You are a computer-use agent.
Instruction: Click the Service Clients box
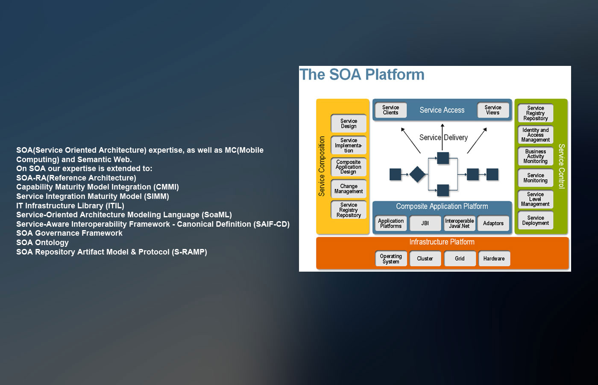pyautogui.click(x=390, y=110)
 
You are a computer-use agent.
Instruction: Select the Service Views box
pyautogui.click(x=493, y=110)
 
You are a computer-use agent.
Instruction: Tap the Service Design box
pyautogui.click(x=349, y=124)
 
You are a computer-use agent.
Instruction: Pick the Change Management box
pyautogui.click(x=349, y=189)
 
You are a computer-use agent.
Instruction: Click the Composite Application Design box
pyautogui.click(x=349, y=167)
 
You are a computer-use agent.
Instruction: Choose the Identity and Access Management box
pyautogui.click(x=536, y=135)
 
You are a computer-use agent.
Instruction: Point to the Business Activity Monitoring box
pyautogui.click(x=536, y=157)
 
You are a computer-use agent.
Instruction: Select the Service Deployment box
pyautogui.click(x=536, y=220)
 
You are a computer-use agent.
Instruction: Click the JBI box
pyautogui.click(x=425, y=223)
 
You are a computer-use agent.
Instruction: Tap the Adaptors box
pyautogui.click(x=493, y=223)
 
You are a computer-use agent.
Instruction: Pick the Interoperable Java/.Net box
pyautogui.click(x=460, y=223)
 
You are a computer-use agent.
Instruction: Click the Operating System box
pyautogui.click(x=391, y=259)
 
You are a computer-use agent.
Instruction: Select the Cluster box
pyautogui.click(x=425, y=259)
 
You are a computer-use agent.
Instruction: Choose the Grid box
pyautogui.click(x=460, y=259)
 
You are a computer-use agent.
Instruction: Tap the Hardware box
pyautogui.click(x=494, y=259)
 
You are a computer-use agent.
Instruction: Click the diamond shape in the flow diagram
pyautogui.click(x=417, y=175)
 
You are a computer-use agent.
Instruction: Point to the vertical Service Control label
pyautogui.click(x=562, y=166)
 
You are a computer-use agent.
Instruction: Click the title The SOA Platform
pyautogui.click(x=362, y=75)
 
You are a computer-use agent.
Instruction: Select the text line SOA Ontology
pyautogui.click(x=42, y=243)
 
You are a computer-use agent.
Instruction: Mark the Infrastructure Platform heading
pyautogui.click(x=442, y=242)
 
